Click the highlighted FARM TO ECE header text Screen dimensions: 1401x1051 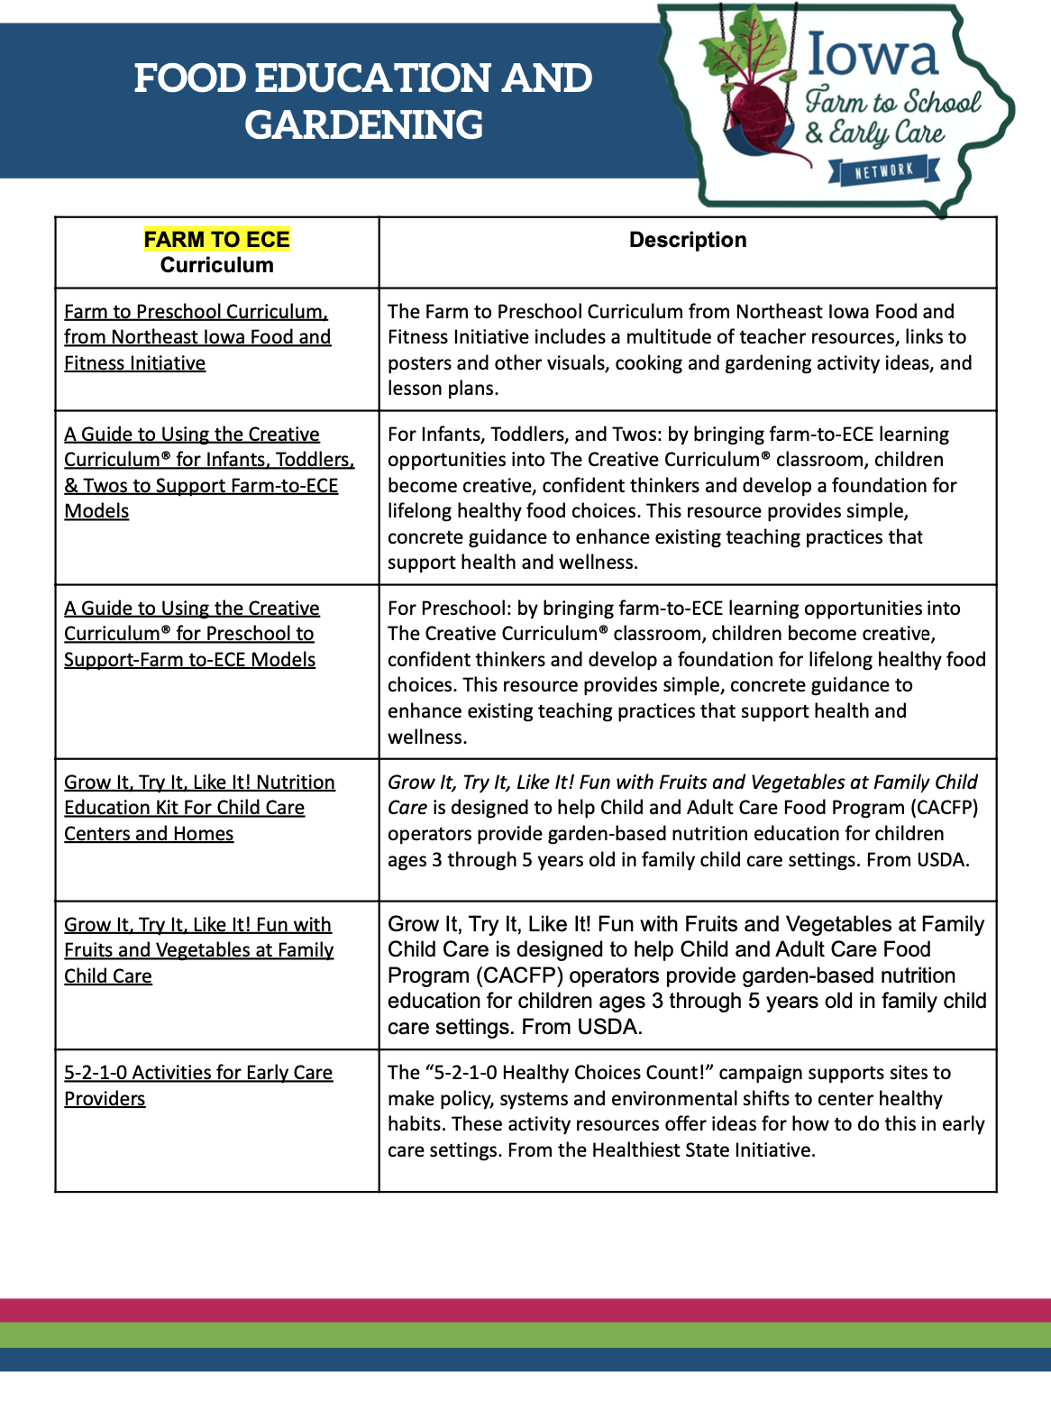216,240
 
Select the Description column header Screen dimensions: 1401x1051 688,240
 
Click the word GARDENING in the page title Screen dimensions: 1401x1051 363,125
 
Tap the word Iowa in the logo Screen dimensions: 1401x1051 873,55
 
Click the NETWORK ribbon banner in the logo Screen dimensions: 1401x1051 884,170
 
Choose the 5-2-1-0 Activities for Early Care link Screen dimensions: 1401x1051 197,1073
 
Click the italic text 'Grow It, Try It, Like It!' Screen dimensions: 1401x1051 480,783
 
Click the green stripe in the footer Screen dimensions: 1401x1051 525,1334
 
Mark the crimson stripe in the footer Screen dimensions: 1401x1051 525,1310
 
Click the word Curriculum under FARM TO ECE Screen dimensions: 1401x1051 216,265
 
